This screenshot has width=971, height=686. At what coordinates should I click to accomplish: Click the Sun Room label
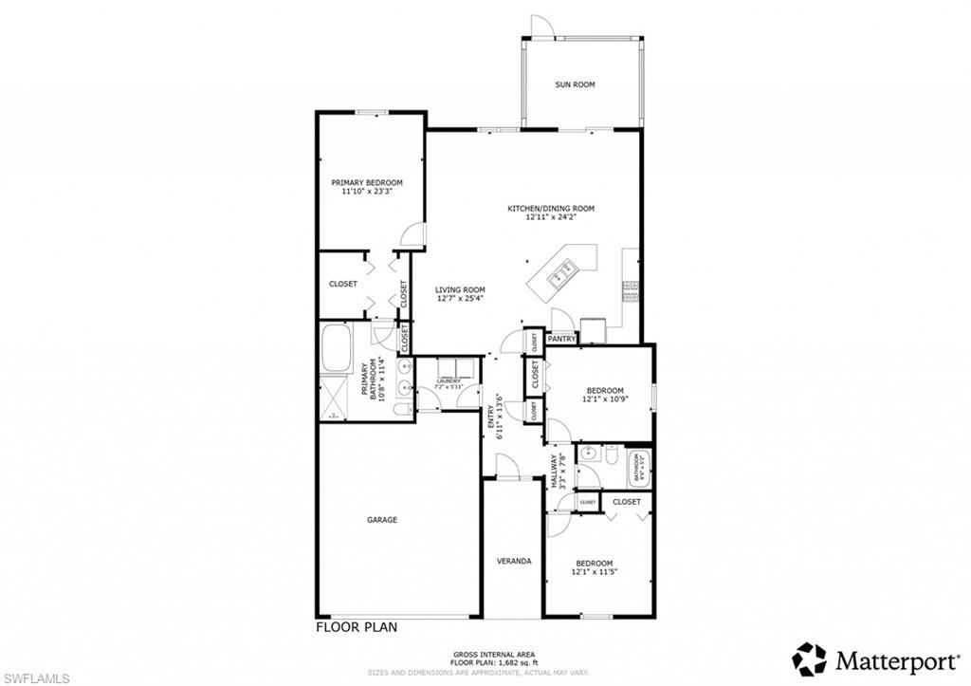(x=575, y=84)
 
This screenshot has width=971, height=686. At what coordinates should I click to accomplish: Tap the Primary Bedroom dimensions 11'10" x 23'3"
(x=367, y=191)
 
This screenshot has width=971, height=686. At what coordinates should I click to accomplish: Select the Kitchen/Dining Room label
(x=551, y=208)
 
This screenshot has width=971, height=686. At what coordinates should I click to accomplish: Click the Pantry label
(x=562, y=338)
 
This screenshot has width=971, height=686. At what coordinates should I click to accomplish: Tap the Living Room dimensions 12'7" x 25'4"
(x=461, y=299)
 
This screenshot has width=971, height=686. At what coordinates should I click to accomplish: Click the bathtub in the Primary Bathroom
(x=337, y=350)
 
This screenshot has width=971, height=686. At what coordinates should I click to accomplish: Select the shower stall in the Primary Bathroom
(x=336, y=399)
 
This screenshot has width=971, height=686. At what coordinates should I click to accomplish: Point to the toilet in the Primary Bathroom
(x=401, y=409)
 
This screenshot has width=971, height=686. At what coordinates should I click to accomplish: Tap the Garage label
(x=382, y=519)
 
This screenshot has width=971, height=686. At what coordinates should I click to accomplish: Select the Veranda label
(x=514, y=561)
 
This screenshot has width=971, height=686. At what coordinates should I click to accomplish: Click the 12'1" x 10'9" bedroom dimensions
(x=604, y=400)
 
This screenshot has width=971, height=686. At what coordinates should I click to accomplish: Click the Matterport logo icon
(x=809, y=658)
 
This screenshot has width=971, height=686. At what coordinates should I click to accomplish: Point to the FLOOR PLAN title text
(x=356, y=626)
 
